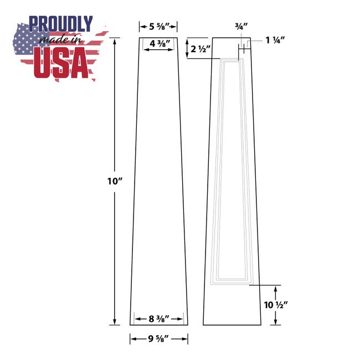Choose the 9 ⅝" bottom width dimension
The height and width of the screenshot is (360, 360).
point(159,338)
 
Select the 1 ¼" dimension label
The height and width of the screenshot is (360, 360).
point(274,40)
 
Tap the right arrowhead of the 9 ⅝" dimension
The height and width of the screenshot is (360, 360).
point(186,338)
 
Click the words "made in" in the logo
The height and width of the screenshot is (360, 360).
point(61,41)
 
